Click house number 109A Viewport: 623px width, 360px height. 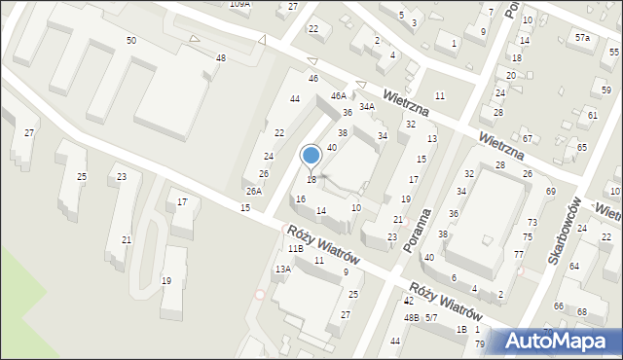tap(239, 4)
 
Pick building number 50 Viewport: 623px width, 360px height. tap(131, 40)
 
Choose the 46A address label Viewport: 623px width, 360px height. tap(338, 96)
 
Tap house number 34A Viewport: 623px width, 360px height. tap(367, 107)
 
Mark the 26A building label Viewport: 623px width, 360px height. tap(253, 192)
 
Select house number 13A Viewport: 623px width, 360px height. tap(282, 270)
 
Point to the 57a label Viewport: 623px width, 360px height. tap(581, 37)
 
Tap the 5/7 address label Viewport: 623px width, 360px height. tap(431, 318)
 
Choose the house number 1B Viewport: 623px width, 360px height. tap(461, 329)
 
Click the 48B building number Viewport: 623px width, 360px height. tap(412, 318)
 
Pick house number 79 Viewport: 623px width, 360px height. tap(479, 344)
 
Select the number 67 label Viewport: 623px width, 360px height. tap(527, 139)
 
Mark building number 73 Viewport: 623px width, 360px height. tap(531, 223)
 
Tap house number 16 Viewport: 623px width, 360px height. tap(301, 199)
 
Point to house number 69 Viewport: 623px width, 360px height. tap(550, 192)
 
